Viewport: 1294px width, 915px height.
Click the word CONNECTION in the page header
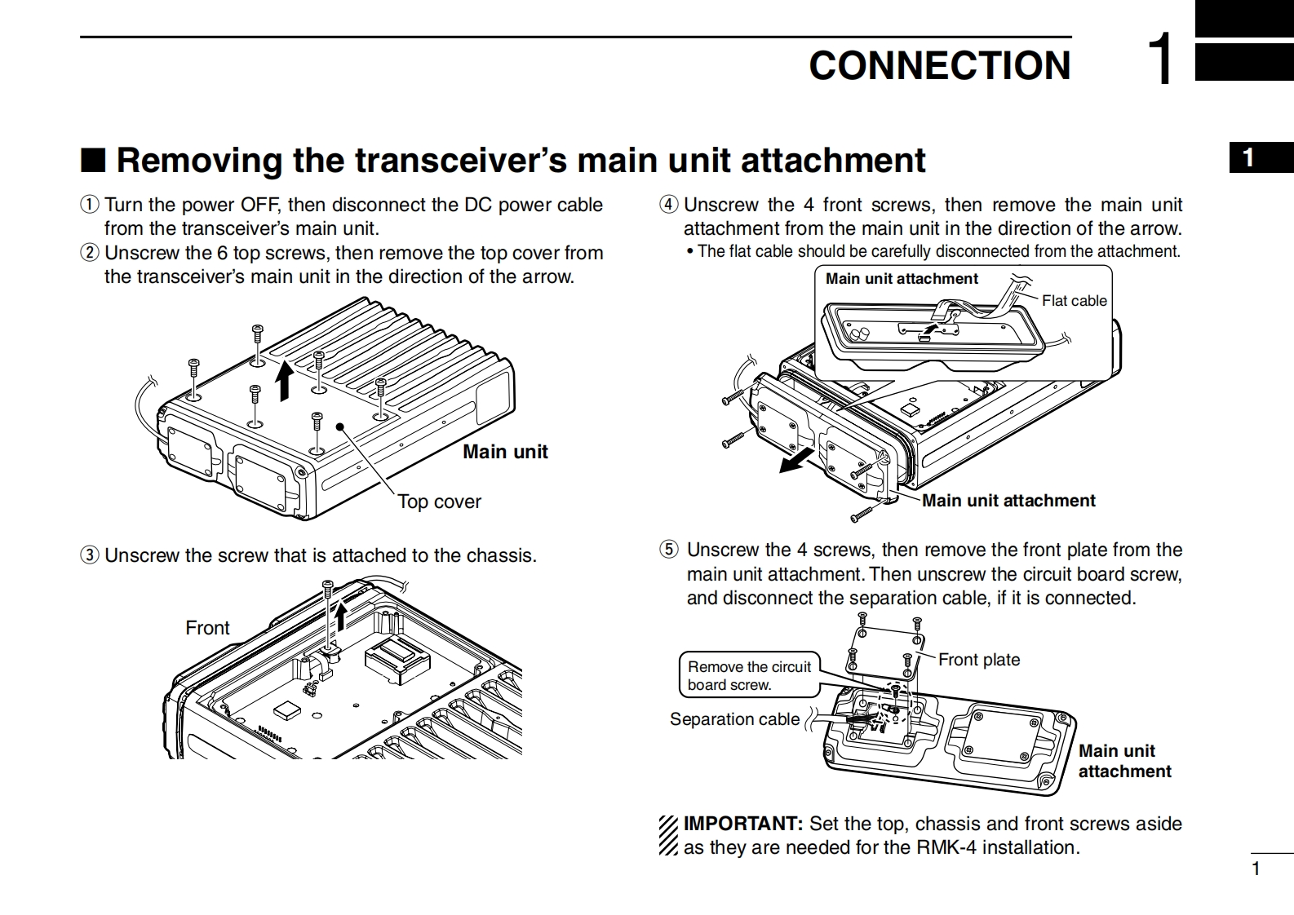point(939,65)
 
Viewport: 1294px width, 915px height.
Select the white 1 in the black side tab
point(1248,157)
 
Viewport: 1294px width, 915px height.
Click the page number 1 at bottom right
point(1256,869)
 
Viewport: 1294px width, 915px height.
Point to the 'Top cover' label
point(439,502)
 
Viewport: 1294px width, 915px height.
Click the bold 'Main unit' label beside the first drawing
point(505,452)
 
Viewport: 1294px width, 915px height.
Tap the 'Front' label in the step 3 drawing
point(207,628)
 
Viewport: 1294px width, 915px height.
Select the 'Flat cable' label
point(1074,301)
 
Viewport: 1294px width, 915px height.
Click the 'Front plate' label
point(979,660)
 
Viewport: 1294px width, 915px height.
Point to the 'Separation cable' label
point(734,719)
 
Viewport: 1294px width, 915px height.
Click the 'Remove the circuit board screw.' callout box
point(749,676)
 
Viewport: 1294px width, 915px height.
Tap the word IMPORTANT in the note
point(743,824)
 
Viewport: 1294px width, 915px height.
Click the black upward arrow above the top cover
point(284,381)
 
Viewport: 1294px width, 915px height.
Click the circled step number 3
point(90,556)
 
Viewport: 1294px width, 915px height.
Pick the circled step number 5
point(669,550)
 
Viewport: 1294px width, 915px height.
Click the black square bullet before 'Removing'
point(93,161)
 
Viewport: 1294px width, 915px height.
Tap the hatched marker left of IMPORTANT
point(668,836)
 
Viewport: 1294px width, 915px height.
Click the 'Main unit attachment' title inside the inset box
point(902,279)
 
